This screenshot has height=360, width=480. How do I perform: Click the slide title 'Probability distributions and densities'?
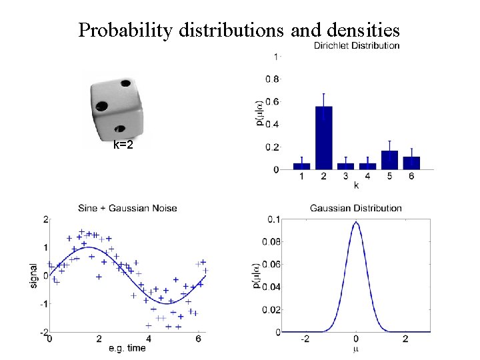(239, 30)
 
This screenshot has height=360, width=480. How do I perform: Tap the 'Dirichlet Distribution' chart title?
(357, 45)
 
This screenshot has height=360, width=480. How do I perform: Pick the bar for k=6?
(411, 163)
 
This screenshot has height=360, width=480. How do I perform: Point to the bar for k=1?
(302, 166)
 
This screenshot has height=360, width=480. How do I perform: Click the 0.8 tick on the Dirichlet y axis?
(273, 79)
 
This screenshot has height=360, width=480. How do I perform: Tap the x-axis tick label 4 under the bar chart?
(367, 177)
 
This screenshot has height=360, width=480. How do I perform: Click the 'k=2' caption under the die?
(123, 144)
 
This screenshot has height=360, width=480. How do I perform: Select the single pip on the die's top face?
(125, 84)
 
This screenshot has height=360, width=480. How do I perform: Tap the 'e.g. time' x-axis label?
(127, 348)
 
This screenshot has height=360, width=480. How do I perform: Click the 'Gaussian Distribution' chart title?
(356, 208)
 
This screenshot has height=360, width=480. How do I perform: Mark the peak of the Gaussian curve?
(356, 223)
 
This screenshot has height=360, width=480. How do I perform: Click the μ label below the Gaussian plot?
(356, 348)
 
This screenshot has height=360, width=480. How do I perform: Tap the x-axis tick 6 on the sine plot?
(199, 339)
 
